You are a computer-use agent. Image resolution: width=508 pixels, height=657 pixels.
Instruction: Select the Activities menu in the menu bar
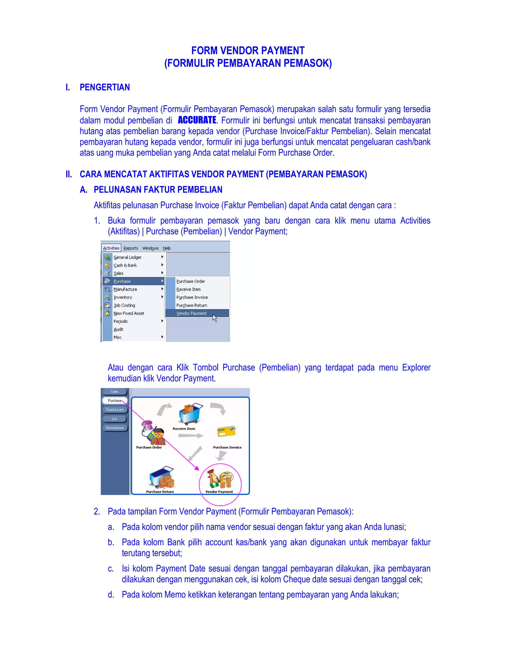click(x=111, y=248)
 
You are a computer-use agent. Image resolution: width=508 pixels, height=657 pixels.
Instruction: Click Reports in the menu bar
click(x=131, y=248)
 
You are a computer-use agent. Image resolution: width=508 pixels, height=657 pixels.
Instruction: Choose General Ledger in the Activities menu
click(x=127, y=257)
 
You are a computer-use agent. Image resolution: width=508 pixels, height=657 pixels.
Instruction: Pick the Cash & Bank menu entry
click(x=125, y=265)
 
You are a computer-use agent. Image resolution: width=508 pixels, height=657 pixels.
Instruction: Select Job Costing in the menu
click(x=124, y=305)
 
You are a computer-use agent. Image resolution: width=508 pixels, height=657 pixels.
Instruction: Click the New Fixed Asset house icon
click(x=107, y=313)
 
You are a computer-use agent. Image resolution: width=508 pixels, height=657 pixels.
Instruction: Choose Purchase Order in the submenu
click(x=190, y=281)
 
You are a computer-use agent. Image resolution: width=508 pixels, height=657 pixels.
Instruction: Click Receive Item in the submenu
click(x=189, y=289)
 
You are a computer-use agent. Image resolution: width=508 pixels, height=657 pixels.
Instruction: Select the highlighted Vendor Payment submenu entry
click(x=191, y=313)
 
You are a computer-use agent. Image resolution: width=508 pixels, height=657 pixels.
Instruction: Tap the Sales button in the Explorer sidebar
click(x=114, y=392)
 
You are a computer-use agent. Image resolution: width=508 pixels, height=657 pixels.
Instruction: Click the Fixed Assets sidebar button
click(x=115, y=410)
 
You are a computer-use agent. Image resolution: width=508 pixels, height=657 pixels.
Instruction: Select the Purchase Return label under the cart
click(x=160, y=492)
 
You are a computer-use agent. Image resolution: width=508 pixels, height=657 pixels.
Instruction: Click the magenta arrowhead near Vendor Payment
click(x=196, y=468)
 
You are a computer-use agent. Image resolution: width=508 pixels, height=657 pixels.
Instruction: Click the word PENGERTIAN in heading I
click(x=105, y=87)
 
